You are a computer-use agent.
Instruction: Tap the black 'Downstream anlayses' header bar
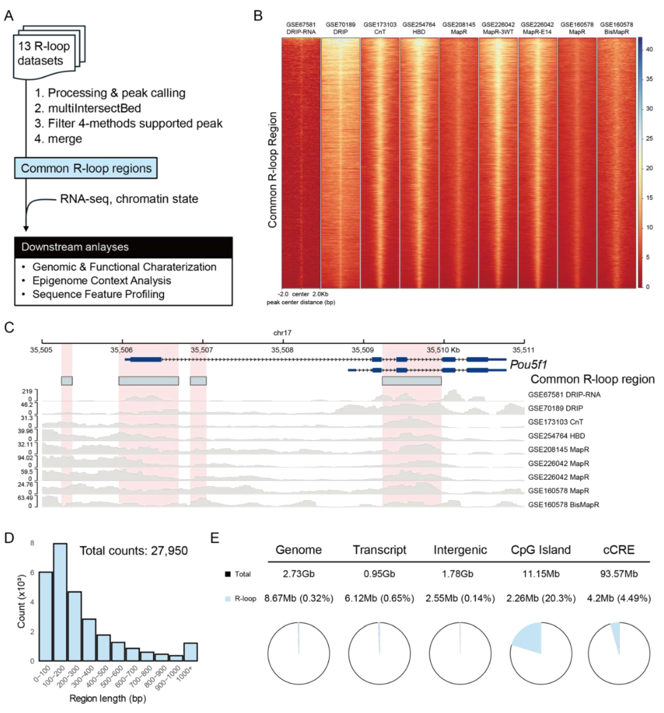[123, 247]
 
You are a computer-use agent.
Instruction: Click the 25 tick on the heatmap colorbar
[649, 138]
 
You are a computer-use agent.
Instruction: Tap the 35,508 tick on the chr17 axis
[283, 349]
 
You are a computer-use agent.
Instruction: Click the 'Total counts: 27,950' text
[133, 550]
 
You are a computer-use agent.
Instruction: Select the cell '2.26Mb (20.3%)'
[541, 598]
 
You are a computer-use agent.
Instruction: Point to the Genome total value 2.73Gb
[298, 574]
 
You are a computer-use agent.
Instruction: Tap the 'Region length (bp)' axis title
[108, 698]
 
